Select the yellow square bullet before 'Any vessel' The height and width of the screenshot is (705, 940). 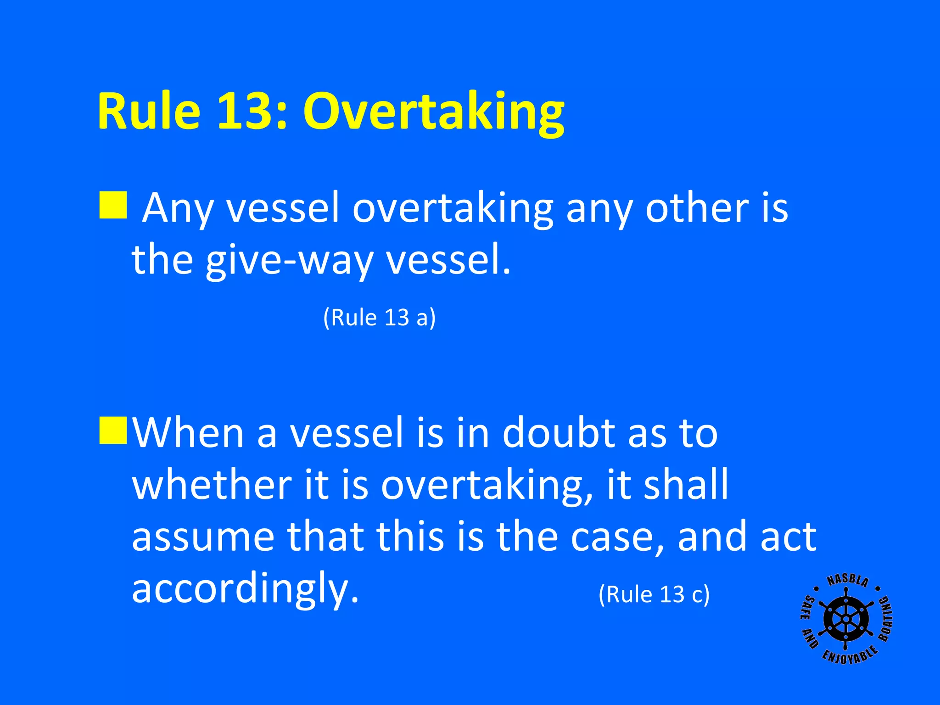coord(113,205)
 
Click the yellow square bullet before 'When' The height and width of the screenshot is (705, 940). coord(113,431)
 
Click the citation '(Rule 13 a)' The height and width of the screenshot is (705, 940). coord(379,317)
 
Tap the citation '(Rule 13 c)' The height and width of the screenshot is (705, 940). coord(654,594)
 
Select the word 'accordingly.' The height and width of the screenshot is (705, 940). coord(245,589)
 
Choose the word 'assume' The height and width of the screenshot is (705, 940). coord(203,537)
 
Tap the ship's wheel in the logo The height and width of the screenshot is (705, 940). coord(845,620)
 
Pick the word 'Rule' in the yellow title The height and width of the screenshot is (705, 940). coord(149,112)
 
